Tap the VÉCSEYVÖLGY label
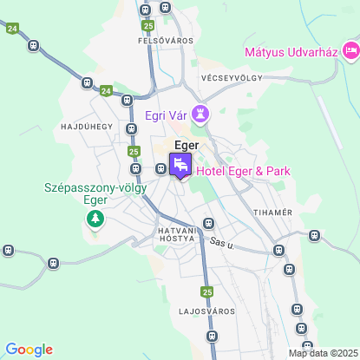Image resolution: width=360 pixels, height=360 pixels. click(x=231, y=77)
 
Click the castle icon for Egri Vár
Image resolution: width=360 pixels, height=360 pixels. click(x=201, y=113)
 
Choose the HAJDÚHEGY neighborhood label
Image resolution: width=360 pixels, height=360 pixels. click(x=88, y=126)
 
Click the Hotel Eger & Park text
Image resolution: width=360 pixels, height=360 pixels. click(x=244, y=171)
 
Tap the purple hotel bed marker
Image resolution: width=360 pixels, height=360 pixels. click(x=181, y=164)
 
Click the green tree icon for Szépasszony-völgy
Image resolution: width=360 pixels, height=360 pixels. click(x=95, y=219)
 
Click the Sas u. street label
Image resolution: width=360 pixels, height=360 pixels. click(x=223, y=244)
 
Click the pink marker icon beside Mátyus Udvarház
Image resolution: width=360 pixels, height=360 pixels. click(x=350, y=52)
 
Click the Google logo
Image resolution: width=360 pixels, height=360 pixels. click(x=29, y=350)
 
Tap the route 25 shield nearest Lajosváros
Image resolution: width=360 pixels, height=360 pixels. click(x=206, y=291)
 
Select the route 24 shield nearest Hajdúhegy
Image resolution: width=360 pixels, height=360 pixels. click(x=106, y=90)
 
